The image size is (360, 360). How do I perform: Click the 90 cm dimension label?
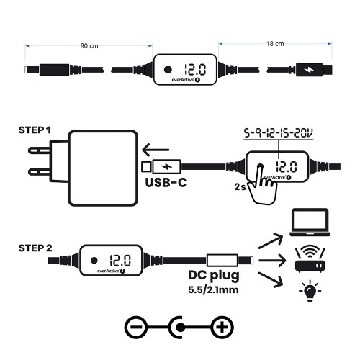coord(89,45)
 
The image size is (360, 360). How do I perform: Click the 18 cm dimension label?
coord(275,45)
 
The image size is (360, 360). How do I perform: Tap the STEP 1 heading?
coord(35,130)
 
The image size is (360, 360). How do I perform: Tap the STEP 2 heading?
coord(35,248)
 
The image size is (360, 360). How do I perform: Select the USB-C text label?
coord(167,183)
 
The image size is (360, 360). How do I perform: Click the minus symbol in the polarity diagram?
coord(136,328)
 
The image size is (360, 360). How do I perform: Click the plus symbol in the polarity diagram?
coord(224,328)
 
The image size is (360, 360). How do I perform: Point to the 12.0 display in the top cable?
coord(195,71)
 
